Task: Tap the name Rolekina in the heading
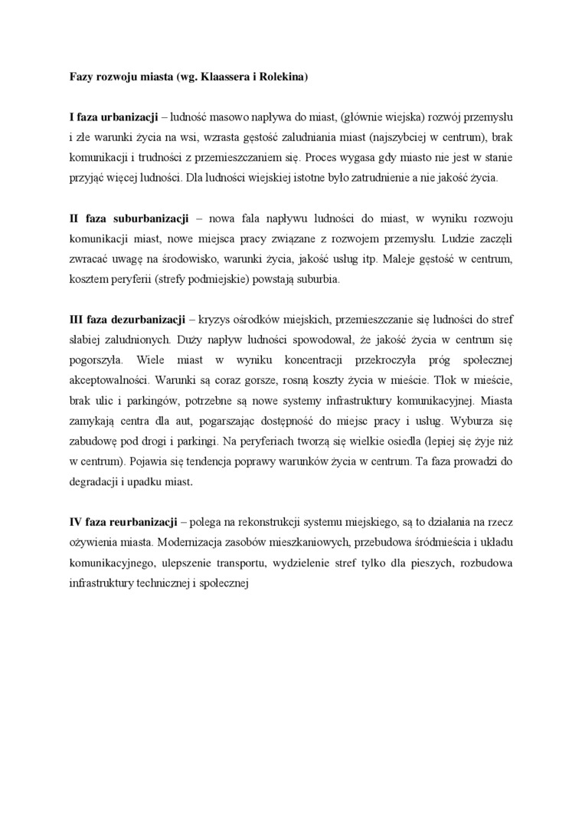(x=285, y=77)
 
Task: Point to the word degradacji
(x=96, y=481)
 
